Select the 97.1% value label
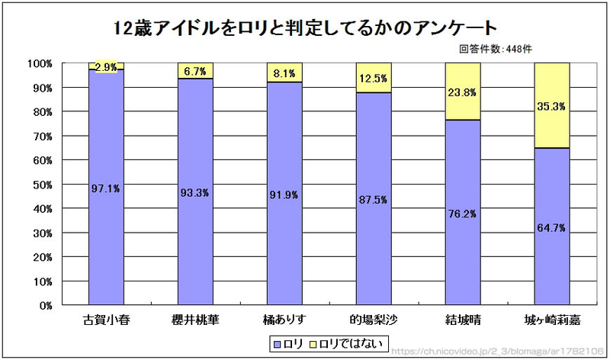106,188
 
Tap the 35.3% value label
551,107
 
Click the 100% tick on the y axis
39,63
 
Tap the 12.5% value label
373,79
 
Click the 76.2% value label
462,215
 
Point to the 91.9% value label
284,194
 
